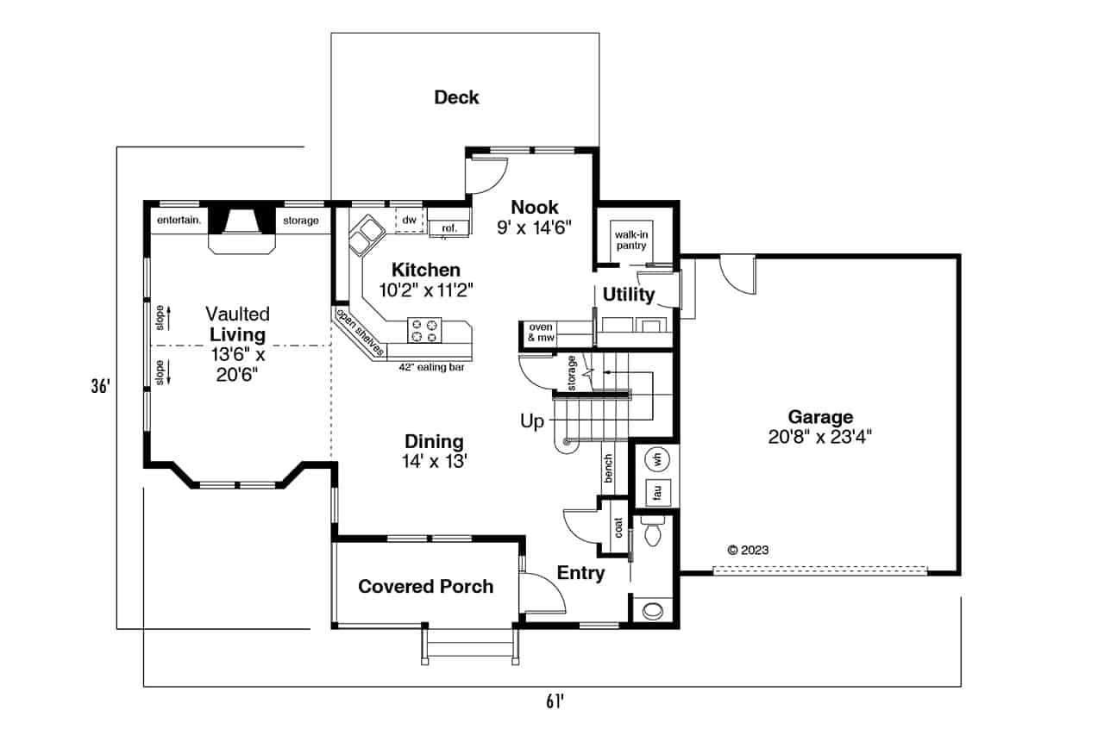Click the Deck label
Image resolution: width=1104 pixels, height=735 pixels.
point(456,97)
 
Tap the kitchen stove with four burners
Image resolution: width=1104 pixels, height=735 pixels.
point(424,330)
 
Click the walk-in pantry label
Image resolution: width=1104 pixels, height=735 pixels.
point(629,240)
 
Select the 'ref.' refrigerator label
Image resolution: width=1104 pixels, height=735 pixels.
point(449,227)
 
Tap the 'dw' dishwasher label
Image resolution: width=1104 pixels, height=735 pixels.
point(411,221)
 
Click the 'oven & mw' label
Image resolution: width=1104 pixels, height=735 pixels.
point(540,333)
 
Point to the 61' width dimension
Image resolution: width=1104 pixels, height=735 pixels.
point(554,701)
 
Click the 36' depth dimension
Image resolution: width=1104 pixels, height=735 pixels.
point(102,387)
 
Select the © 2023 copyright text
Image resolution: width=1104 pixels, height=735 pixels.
point(748,550)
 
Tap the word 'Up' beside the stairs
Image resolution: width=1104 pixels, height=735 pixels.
point(532,421)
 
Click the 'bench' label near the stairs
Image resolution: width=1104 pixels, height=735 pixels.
point(608,469)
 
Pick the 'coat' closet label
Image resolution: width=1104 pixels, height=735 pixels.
point(618,527)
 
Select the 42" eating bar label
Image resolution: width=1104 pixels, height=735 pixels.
point(428,366)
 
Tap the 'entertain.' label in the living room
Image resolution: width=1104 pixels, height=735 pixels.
point(179,221)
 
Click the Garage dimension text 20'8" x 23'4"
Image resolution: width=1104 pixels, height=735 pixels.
point(820,436)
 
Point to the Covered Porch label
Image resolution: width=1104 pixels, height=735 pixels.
point(425,587)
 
